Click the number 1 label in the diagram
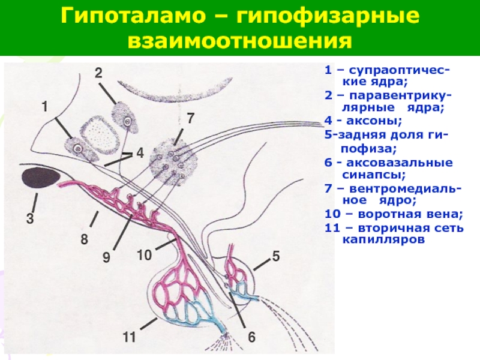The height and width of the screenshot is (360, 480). pyautogui.click(x=44, y=107)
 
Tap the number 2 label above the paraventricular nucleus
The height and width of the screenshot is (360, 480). pyautogui.click(x=98, y=73)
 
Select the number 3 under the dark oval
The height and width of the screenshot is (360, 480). pyautogui.click(x=29, y=218)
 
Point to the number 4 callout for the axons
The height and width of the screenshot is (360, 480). pyautogui.click(x=140, y=153)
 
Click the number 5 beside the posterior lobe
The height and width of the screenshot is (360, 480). pyautogui.click(x=276, y=256)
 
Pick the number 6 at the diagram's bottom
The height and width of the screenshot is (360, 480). pyautogui.click(x=251, y=337)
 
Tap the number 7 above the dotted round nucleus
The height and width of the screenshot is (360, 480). pyautogui.click(x=190, y=118)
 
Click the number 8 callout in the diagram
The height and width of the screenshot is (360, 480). pyautogui.click(x=85, y=239)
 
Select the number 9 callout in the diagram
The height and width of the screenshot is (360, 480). pyautogui.click(x=106, y=257)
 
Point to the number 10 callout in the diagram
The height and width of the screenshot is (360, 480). pyautogui.click(x=144, y=255)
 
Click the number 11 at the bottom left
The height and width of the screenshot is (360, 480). pyautogui.click(x=129, y=337)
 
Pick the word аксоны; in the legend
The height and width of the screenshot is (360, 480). pyautogui.click(x=374, y=121)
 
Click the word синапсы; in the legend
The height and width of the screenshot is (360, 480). pyautogui.click(x=373, y=175)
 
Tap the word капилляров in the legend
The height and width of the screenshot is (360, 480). pyautogui.click(x=383, y=239)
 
